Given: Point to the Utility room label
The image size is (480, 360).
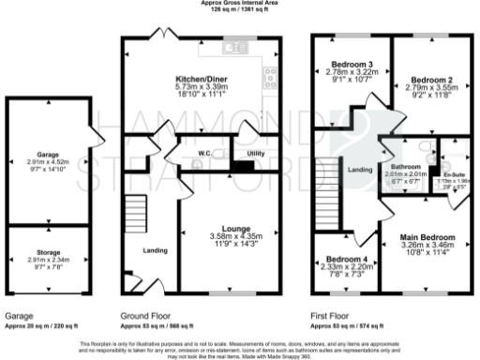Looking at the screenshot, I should click(256, 152).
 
